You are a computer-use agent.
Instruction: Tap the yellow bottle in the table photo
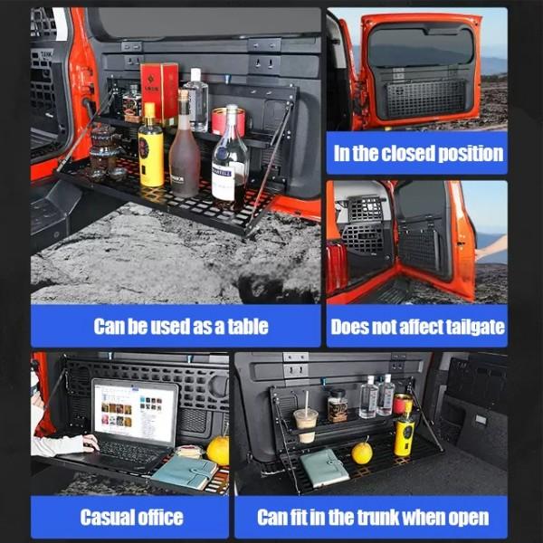point(150,146)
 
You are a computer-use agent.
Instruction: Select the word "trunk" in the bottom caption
point(378,518)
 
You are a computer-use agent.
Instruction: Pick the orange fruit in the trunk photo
point(361,452)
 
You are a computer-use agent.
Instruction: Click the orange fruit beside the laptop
point(218,450)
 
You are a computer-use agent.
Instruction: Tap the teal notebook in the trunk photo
point(324,468)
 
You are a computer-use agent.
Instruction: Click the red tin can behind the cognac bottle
point(228,122)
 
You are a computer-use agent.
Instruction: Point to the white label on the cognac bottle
point(224,184)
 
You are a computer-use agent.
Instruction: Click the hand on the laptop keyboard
point(90,443)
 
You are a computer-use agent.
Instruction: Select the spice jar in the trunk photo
point(338,405)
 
